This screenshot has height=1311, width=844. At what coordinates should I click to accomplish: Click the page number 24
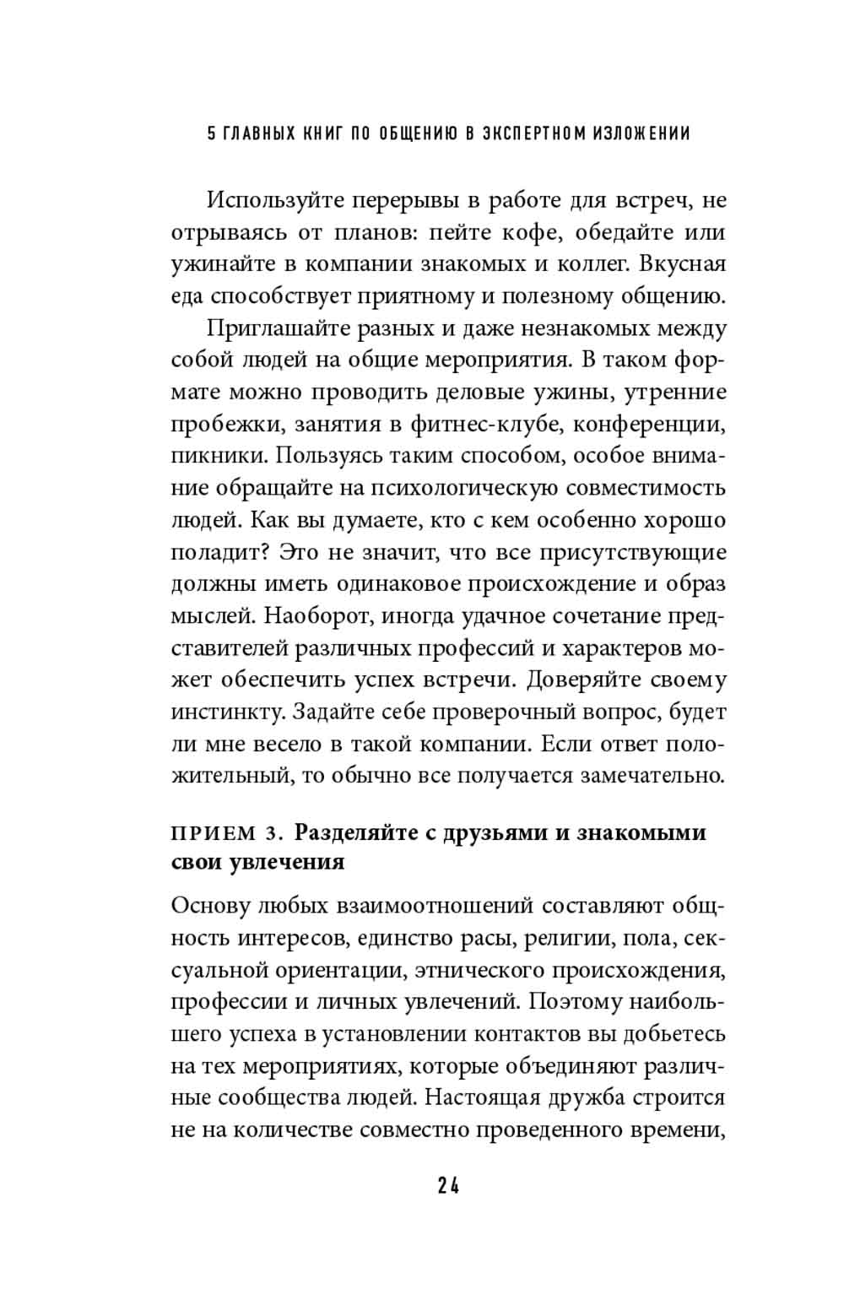click(448, 1185)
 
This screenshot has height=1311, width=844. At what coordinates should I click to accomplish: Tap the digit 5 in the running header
click(212, 133)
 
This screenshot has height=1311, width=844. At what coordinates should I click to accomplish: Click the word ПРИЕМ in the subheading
click(211, 834)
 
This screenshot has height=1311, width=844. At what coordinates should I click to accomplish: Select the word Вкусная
click(683, 263)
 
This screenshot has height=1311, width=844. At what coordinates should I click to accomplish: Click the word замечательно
click(651, 775)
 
